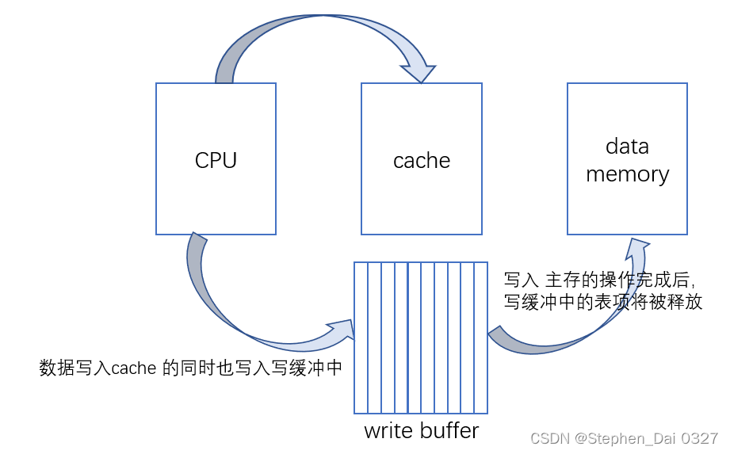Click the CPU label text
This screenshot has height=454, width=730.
(216, 161)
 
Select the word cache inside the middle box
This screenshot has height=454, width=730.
(421, 161)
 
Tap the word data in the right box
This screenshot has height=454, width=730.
(627, 147)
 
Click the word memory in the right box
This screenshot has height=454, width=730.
(627, 174)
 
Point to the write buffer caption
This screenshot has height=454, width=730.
(421, 431)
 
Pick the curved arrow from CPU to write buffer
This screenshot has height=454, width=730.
(230, 309)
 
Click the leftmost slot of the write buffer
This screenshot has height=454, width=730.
(361, 338)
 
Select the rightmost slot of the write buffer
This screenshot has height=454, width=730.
(480, 338)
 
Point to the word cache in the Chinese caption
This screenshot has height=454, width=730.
(133, 368)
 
